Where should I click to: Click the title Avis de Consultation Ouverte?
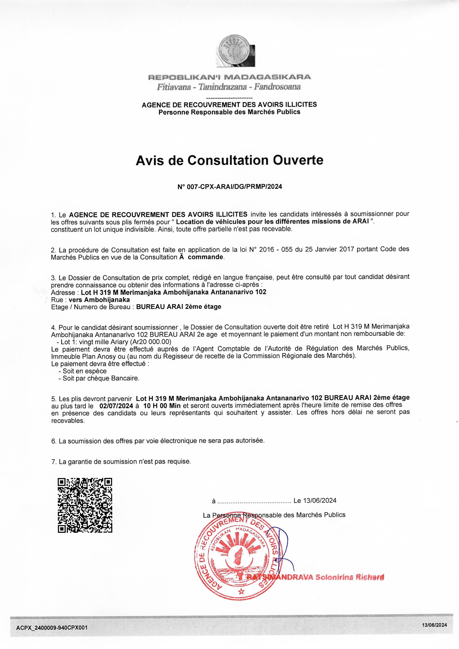(x=229, y=160)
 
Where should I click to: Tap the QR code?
(x=85, y=505)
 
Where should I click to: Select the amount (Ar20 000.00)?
(x=150, y=342)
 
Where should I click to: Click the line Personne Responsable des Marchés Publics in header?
(x=229, y=112)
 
